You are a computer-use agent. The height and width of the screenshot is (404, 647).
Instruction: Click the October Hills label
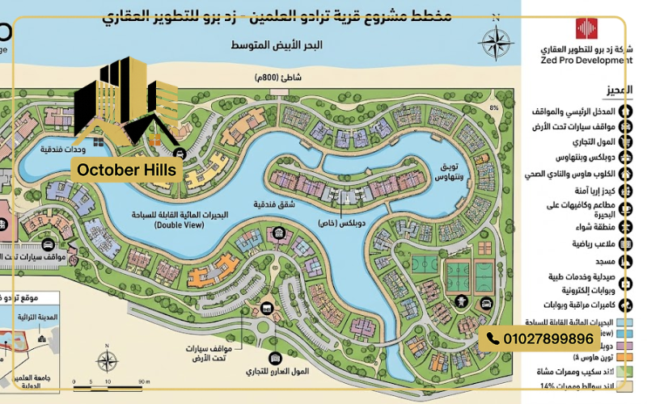pyautogui.click(x=128, y=170)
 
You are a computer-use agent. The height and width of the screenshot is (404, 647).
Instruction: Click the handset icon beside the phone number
pyautogui.click(x=493, y=339)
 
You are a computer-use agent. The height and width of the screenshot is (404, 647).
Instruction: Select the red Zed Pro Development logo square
pyautogui.click(x=586, y=28)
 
